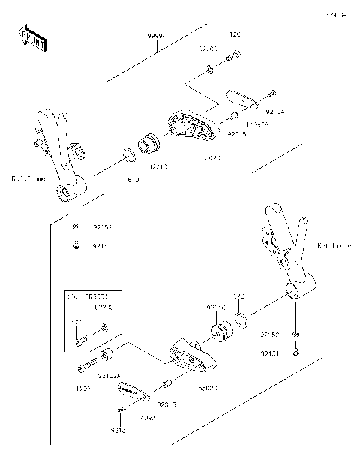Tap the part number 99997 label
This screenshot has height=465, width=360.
tap(157, 37)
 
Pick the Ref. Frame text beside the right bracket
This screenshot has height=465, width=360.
tap(331, 245)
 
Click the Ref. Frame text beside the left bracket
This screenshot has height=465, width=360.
tap(27, 178)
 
